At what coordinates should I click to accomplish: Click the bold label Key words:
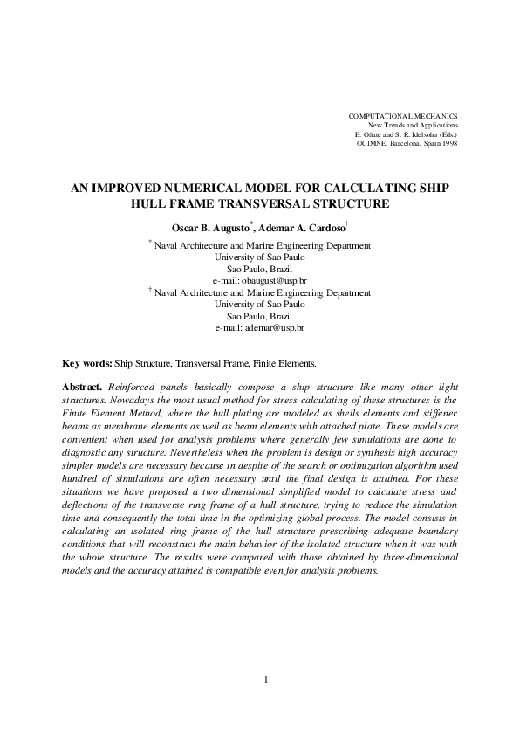tap(86, 362)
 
